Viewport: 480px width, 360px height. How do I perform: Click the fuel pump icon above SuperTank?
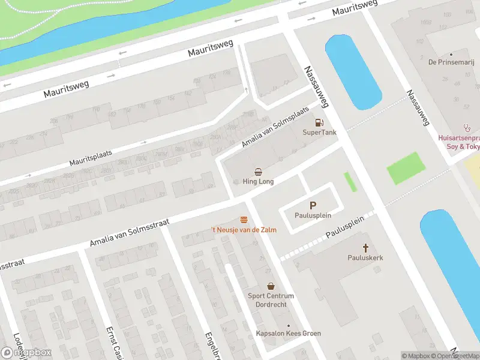(x=310, y=122)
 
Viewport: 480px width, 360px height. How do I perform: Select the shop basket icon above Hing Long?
(x=258, y=172)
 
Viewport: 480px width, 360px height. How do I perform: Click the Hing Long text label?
(x=258, y=181)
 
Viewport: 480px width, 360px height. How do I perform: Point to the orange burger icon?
(x=244, y=220)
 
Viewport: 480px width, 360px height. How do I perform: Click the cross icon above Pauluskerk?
(x=365, y=247)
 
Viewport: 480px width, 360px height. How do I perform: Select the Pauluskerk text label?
(x=365, y=257)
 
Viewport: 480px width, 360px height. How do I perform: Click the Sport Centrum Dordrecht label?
(x=271, y=300)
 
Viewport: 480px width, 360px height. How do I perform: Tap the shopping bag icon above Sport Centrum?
(x=271, y=286)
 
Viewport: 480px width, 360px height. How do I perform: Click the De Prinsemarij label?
(x=448, y=62)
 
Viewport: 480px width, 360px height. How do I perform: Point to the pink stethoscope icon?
(x=467, y=128)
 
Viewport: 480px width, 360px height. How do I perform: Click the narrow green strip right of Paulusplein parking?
(x=350, y=182)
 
